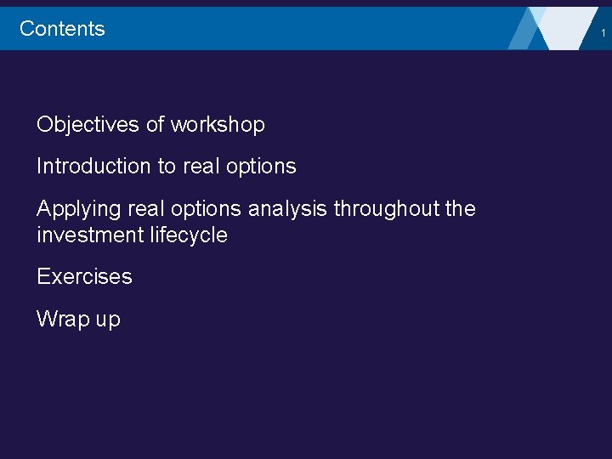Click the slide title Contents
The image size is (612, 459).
coord(62,28)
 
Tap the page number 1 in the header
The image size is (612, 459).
coord(603,32)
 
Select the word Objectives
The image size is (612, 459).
coord(88,125)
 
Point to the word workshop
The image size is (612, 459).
coord(218,125)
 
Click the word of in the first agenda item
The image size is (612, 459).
coord(155,125)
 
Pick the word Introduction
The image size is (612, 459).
coord(93,167)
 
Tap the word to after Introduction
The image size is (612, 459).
coord(166,167)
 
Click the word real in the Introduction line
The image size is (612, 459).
coord(200,167)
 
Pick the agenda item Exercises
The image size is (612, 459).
coord(84,277)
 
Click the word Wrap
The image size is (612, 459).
coord(60,320)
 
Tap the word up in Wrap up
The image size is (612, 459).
coord(107,321)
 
